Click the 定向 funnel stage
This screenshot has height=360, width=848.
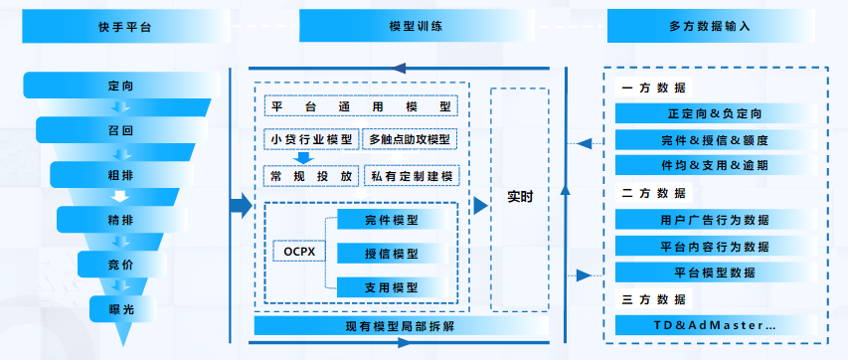click(x=120, y=87)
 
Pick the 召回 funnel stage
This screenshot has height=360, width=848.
click(x=120, y=130)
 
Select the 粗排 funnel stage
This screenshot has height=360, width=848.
click(x=120, y=174)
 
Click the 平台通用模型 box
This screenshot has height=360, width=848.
click(x=361, y=105)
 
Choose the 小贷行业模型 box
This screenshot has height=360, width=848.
click(x=311, y=139)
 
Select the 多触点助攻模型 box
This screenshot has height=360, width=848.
click(x=411, y=139)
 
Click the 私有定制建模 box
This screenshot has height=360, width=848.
click(x=411, y=175)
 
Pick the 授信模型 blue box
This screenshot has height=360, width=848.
click(x=392, y=253)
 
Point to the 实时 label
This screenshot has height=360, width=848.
click(x=520, y=197)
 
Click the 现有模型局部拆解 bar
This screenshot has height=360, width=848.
click(x=401, y=326)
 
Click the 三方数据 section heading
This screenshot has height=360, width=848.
click(x=653, y=299)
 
